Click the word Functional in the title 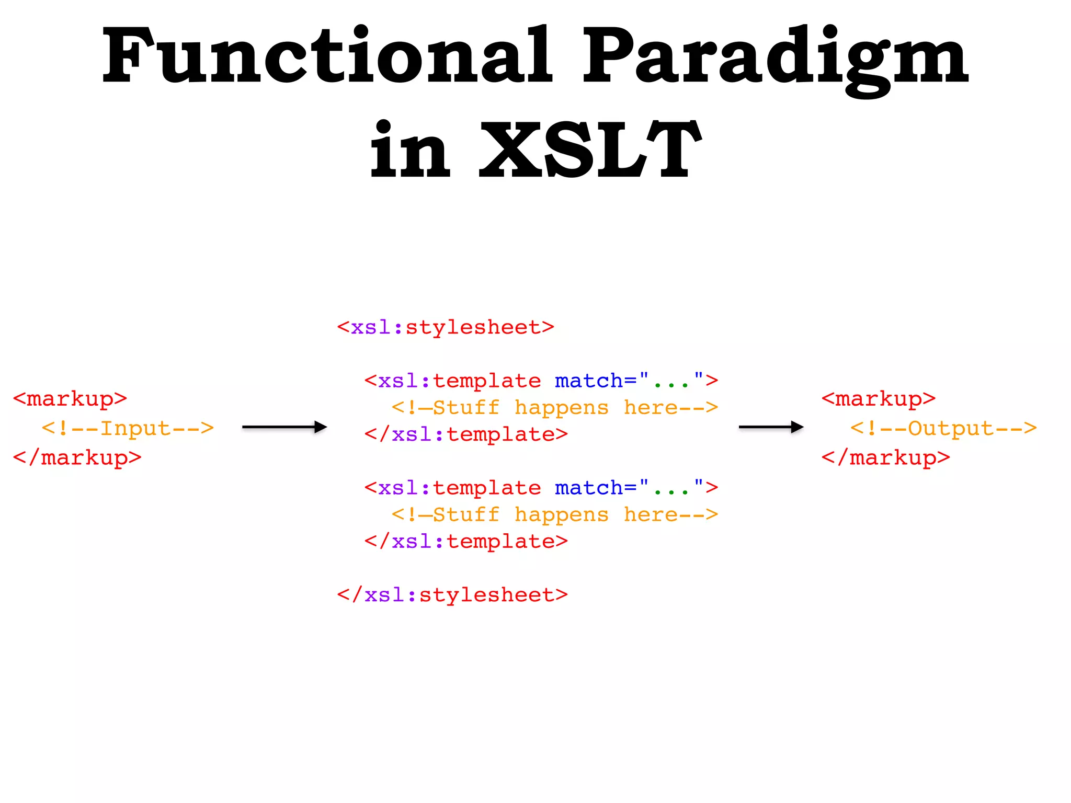tap(327, 56)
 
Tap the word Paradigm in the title tap(775, 59)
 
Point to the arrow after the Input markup tap(284, 427)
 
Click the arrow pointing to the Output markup tap(771, 427)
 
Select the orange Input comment tap(128, 428)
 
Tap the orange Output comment tap(943, 428)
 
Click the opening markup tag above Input tap(70, 399)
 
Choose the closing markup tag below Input tap(77, 458)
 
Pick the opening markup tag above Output tap(879, 399)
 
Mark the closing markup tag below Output tap(886, 458)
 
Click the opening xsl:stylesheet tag tap(446, 327)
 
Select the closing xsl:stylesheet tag tap(452, 595)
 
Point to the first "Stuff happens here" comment tap(555, 408)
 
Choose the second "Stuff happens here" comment tap(555, 515)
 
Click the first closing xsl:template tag tap(466, 434)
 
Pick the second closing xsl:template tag tap(466, 542)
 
